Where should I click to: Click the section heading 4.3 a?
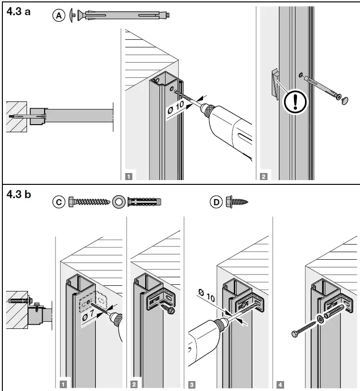tap(18, 11)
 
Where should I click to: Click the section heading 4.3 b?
tap(18, 194)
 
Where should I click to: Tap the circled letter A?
tap(58, 16)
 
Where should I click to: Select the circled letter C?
tap(58, 202)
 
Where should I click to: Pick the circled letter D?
tap(216, 202)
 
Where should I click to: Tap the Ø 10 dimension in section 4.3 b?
tap(206, 297)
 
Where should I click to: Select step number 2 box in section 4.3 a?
tap(264, 176)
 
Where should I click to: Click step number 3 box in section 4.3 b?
tap(192, 384)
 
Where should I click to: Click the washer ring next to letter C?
tap(118, 202)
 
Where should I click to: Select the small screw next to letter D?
tap(237, 202)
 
